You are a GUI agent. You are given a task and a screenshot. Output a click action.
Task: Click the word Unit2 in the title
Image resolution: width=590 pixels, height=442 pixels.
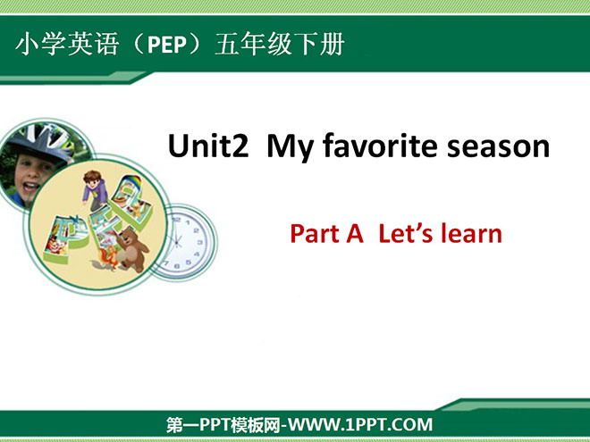coord(208,146)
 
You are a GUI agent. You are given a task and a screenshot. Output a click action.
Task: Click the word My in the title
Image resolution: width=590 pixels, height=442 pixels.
coord(290,148)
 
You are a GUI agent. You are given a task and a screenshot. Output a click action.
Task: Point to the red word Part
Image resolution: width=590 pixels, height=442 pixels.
coord(315,233)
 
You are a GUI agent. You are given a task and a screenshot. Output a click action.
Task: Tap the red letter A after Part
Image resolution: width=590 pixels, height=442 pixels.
coord(355,234)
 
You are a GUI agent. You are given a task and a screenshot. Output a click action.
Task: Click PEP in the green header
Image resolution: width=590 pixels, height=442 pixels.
coord(167,45)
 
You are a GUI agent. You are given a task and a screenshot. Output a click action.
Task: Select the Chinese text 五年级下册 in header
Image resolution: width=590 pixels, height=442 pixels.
coord(280,45)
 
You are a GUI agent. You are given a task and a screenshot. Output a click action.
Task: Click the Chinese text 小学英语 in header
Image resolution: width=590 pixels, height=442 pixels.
coord(68,45)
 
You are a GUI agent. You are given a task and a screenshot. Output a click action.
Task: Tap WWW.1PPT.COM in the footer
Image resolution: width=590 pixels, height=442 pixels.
coord(360,425)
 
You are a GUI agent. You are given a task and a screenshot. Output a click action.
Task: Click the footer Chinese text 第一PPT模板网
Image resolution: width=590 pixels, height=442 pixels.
coord(223,425)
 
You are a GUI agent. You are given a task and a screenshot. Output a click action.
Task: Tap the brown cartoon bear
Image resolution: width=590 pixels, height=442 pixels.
coord(131,248)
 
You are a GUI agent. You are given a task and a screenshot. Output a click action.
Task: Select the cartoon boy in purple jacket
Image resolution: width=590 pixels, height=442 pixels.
coord(95,190)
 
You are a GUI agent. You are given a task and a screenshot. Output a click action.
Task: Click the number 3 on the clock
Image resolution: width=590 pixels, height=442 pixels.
coord(200,242)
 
